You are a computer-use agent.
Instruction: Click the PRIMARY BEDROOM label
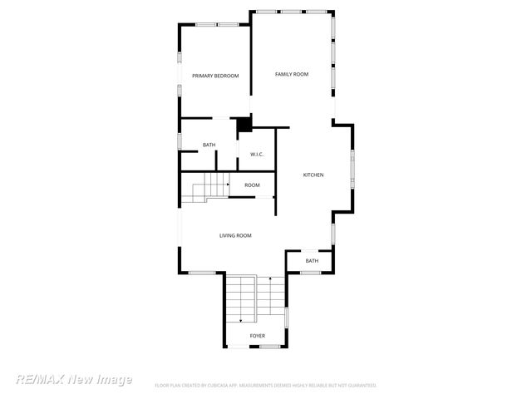click(215, 76)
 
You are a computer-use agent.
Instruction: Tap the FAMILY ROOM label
click(292, 75)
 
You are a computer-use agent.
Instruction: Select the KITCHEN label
click(313, 175)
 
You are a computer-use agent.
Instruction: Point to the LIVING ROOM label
click(235, 236)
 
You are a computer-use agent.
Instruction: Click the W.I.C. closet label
click(257, 154)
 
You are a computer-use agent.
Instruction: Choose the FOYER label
click(258, 336)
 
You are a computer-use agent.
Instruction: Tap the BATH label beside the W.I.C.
click(209, 145)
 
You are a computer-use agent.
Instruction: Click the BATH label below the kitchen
click(312, 261)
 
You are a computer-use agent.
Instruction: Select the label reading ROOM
click(252, 185)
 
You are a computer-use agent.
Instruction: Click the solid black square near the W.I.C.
click(244, 126)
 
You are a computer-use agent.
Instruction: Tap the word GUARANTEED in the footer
click(358, 386)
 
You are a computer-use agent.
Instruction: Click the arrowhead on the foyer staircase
click(241, 319)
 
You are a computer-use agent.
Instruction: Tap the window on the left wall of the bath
click(180, 140)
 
